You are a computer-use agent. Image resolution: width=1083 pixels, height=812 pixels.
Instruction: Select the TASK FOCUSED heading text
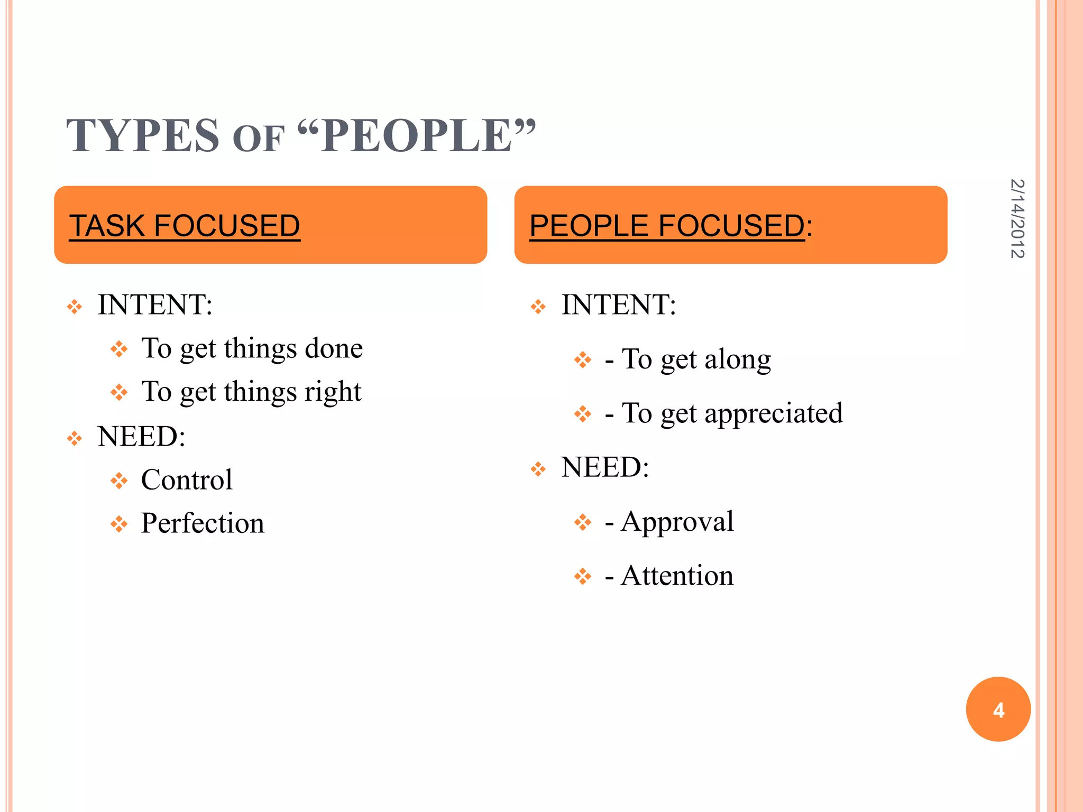[x=185, y=226]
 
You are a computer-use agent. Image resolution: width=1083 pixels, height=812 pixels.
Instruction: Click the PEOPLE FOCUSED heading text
[x=667, y=226]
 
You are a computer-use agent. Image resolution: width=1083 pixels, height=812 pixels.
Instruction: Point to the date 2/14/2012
[x=1017, y=219]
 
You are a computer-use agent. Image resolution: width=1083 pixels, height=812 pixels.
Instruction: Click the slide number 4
[x=998, y=710]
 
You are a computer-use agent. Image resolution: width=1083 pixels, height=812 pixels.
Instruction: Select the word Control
[x=187, y=480]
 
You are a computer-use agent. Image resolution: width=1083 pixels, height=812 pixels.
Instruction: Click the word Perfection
[x=203, y=523]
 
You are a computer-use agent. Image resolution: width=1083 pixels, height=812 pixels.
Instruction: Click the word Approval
[x=677, y=522]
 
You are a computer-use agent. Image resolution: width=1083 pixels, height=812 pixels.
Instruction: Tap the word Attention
[x=677, y=576]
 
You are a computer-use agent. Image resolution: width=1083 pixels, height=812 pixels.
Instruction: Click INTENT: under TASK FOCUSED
[x=155, y=305]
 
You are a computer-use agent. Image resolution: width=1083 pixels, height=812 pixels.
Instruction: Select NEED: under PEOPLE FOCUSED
[x=605, y=468]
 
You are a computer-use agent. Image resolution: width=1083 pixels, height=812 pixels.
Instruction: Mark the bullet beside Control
[x=119, y=481]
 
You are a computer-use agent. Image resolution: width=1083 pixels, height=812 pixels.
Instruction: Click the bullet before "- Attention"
[x=583, y=576]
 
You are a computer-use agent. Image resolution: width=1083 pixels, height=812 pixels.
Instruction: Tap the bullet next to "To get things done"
[x=119, y=349]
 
